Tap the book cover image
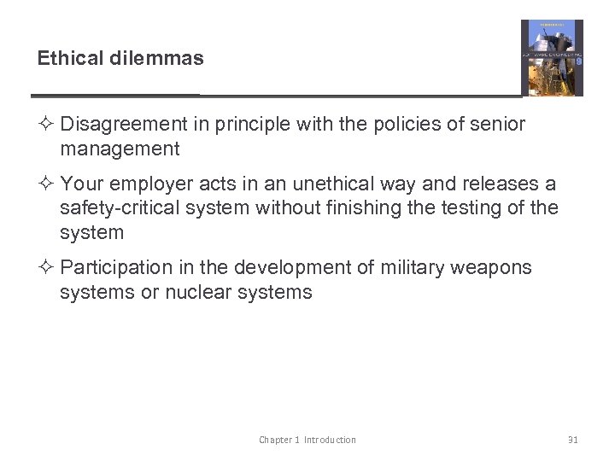(552, 57)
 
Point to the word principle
(249, 125)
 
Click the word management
(120, 149)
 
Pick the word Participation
(116, 268)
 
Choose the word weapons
(493, 268)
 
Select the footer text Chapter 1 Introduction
(307, 440)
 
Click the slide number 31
(572, 440)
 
